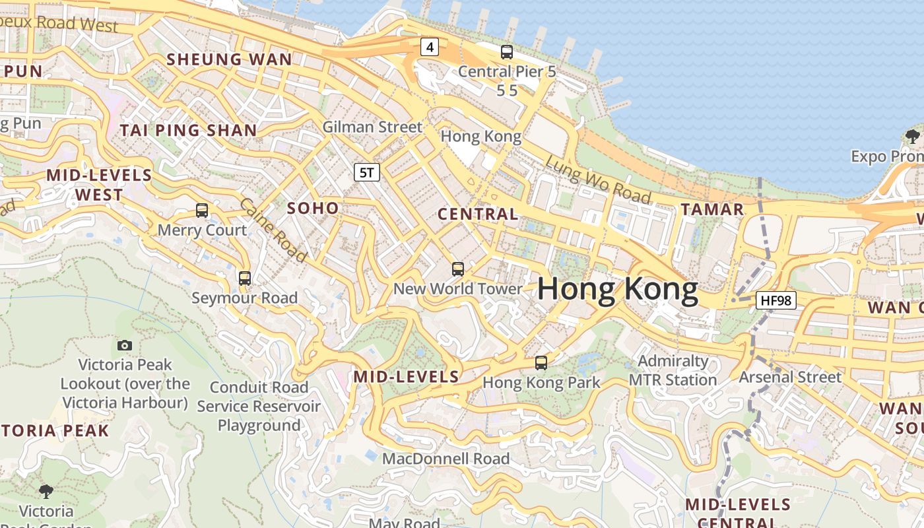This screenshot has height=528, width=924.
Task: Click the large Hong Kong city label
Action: [x=618, y=290]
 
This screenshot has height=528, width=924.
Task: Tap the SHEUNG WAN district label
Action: [x=229, y=59]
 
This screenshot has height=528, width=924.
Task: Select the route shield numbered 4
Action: [x=430, y=47]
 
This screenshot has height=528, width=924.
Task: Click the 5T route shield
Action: [x=368, y=173]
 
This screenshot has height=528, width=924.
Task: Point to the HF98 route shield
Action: [x=775, y=301]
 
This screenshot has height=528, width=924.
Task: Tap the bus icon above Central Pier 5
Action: [x=507, y=51]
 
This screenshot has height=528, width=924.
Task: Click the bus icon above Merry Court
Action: [x=202, y=211]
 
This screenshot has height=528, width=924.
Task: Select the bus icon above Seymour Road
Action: [x=245, y=279]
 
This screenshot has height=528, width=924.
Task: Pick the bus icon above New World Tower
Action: [x=457, y=269]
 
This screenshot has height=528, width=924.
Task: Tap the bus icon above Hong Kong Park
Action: [x=541, y=362]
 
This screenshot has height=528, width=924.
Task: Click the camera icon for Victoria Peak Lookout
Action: [x=124, y=345]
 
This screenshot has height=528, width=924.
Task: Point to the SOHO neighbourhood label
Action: [x=313, y=209]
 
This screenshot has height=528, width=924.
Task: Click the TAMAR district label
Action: [x=712, y=210]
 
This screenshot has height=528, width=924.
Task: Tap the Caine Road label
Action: [x=273, y=229]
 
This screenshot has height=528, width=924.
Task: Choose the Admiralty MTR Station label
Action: [x=673, y=371]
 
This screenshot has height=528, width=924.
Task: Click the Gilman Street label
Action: [x=372, y=127]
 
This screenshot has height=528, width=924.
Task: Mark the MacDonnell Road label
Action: [x=446, y=458]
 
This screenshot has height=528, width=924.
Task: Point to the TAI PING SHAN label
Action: [x=188, y=131]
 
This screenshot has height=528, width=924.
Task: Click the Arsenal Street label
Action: [x=790, y=378]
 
